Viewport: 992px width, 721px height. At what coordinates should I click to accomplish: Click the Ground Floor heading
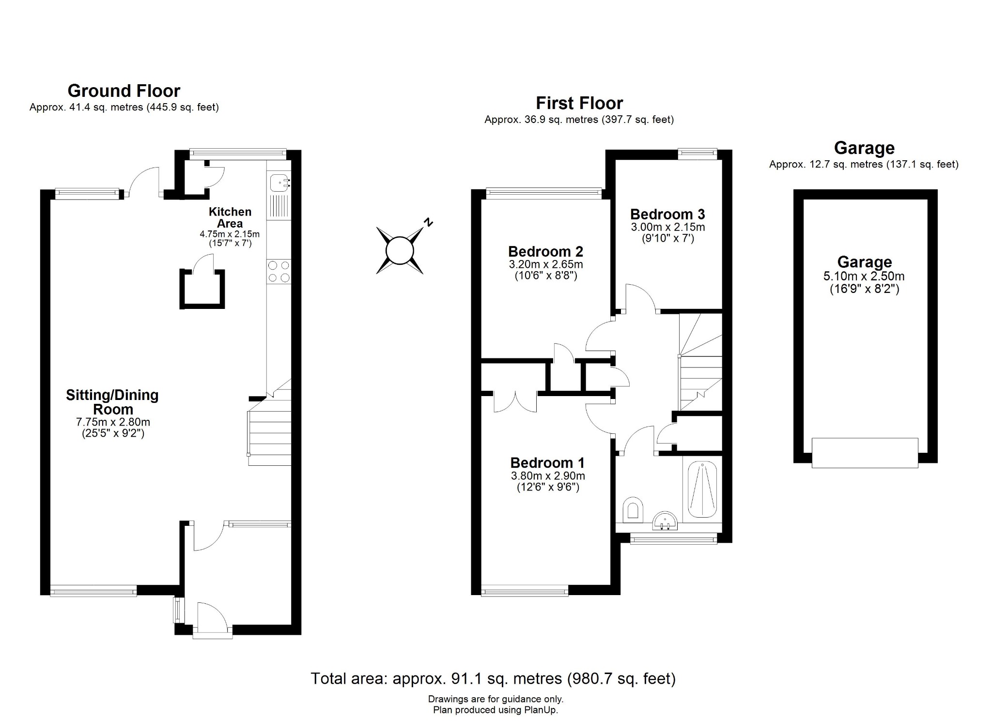(x=124, y=91)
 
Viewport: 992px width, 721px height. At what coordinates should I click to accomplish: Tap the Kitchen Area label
(x=230, y=217)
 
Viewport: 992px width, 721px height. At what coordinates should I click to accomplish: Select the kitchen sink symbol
(x=279, y=183)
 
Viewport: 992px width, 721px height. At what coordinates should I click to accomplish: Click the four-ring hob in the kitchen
(x=279, y=271)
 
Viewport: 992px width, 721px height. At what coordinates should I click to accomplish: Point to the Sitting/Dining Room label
(x=112, y=402)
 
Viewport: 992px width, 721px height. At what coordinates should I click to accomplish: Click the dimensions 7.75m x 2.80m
(x=113, y=422)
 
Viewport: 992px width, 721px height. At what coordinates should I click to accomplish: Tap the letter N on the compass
(x=428, y=222)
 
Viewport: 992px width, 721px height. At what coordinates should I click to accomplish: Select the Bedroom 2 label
(x=545, y=252)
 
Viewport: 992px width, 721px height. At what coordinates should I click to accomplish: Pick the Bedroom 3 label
(x=667, y=215)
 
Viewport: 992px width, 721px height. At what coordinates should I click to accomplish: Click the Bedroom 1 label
(x=547, y=463)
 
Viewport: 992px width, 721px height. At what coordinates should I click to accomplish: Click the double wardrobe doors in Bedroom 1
(x=515, y=402)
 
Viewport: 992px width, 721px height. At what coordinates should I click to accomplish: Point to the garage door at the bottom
(x=865, y=453)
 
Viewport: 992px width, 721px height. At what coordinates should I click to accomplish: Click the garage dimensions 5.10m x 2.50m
(x=864, y=276)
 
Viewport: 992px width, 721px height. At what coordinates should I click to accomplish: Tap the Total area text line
(x=493, y=678)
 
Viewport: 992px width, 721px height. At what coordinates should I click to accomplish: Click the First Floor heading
(x=579, y=103)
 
